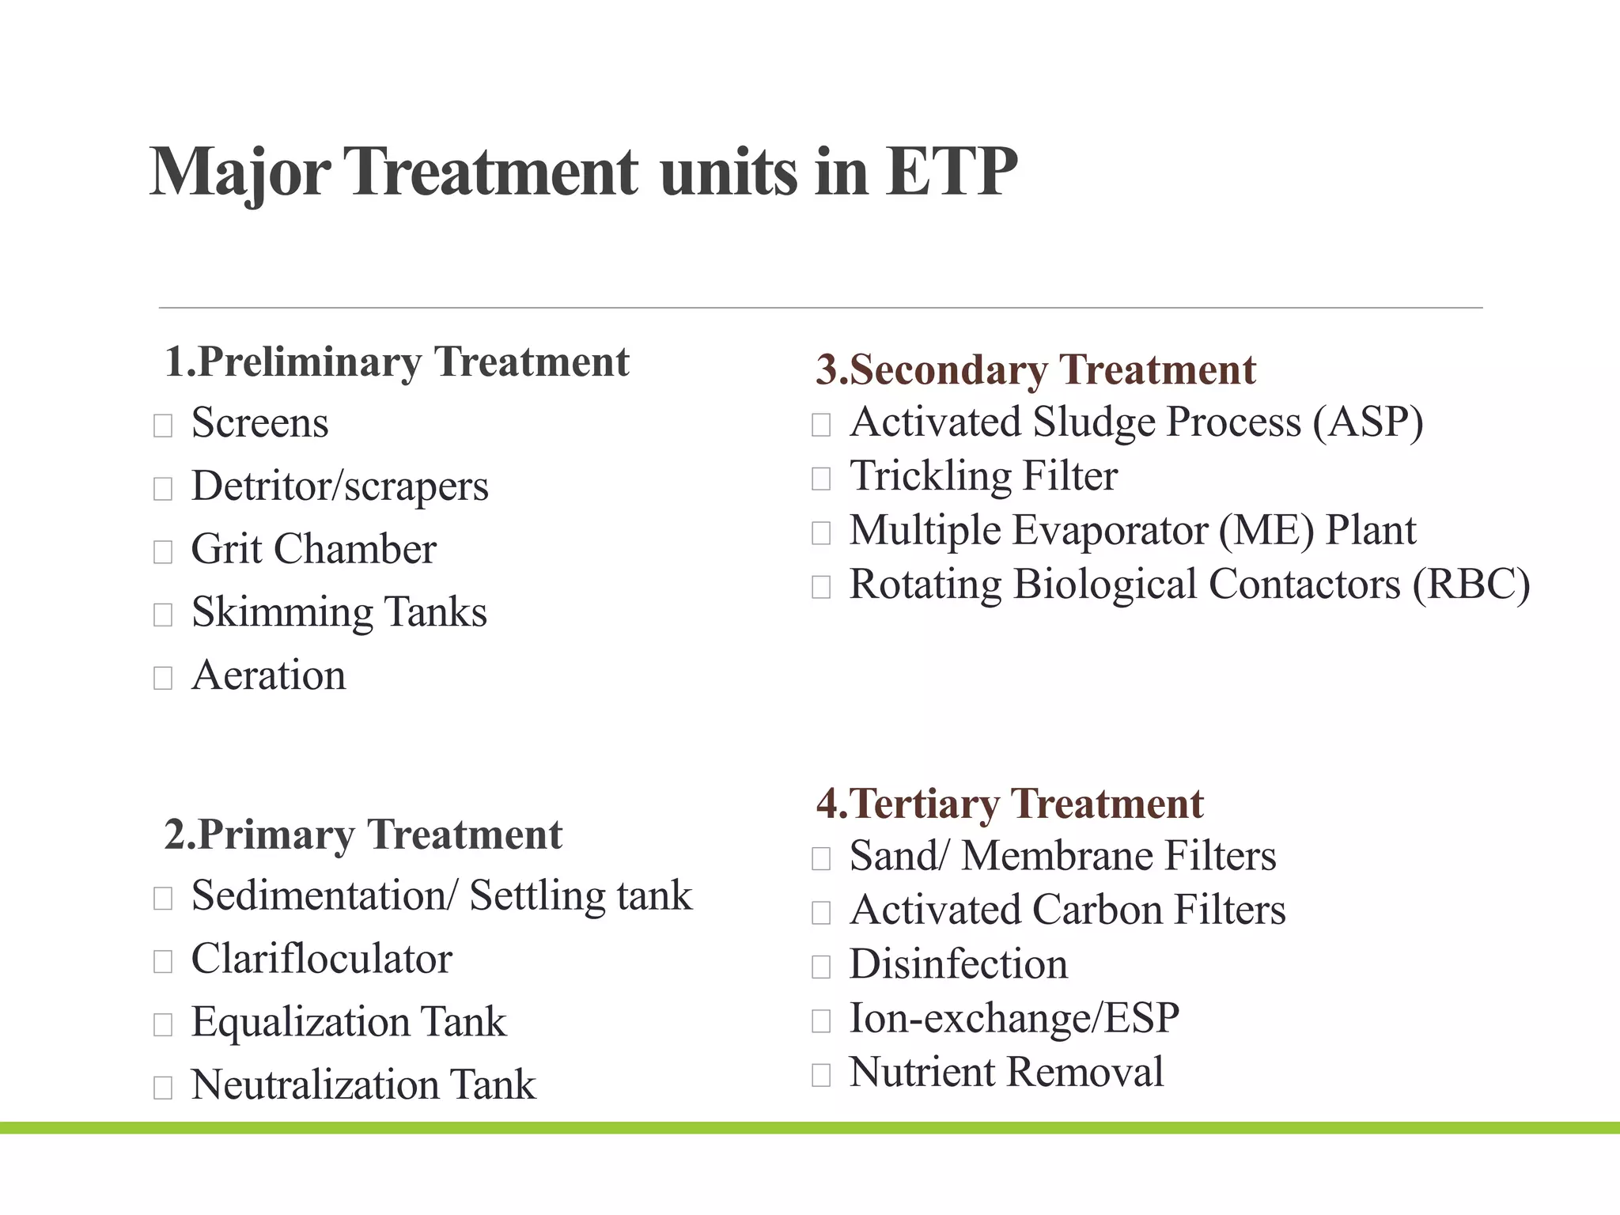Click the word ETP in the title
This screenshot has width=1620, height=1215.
[x=951, y=172]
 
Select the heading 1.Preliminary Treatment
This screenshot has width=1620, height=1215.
[x=396, y=363]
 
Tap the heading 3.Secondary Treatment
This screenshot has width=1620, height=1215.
[x=1035, y=370]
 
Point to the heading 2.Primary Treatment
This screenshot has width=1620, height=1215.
[x=363, y=835]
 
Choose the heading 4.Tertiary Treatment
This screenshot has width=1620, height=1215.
[x=1009, y=804]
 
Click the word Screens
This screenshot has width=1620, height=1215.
[x=259, y=423]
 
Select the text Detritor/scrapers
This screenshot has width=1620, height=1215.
[x=339, y=486]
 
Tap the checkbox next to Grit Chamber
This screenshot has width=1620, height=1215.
[x=163, y=551]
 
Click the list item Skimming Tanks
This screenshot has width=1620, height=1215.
[x=339, y=612]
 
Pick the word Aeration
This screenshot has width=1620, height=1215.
[x=268, y=676]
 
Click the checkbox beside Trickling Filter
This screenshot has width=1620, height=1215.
[x=821, y=479]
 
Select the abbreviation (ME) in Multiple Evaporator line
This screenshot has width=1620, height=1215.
[x=1266, y=531]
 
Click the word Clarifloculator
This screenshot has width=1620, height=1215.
[x=321, y=960]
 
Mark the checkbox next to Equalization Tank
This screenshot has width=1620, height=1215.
[x=163, y=1024]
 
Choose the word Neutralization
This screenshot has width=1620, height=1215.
[x=315, y=1085]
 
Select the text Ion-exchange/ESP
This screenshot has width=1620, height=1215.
[x=1013, y=1019]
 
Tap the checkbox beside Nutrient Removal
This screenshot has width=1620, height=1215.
[x=821, y=1075]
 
